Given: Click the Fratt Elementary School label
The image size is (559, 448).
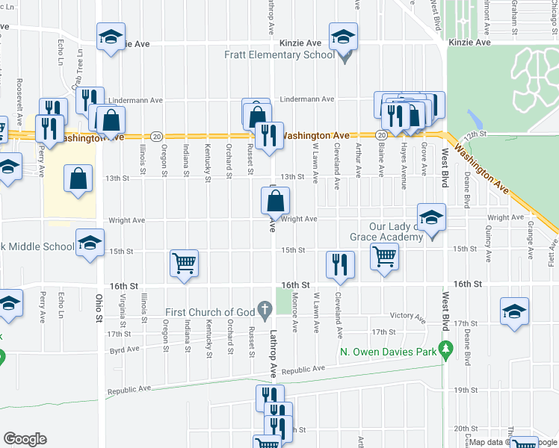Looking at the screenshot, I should (280, 55).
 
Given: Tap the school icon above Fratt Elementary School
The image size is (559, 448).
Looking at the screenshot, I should (343, 37).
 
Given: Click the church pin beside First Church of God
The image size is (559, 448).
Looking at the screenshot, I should (264, 308).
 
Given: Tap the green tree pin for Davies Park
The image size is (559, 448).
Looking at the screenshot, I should (446, 349).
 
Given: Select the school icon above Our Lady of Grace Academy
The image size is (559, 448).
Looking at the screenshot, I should (431, 217).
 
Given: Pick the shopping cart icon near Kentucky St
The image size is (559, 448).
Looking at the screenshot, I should (184, 264).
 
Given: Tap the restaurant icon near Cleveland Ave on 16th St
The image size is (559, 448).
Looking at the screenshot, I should (339, 265).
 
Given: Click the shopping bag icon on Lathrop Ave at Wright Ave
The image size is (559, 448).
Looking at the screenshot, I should (275, 200).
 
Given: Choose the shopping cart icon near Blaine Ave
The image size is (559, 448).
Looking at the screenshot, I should (384, 256).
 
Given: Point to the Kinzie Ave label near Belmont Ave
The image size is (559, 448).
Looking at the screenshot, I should (469, 43).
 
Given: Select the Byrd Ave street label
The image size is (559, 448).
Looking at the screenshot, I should (124, 349).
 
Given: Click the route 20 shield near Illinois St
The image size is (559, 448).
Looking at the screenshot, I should (155, 136).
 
